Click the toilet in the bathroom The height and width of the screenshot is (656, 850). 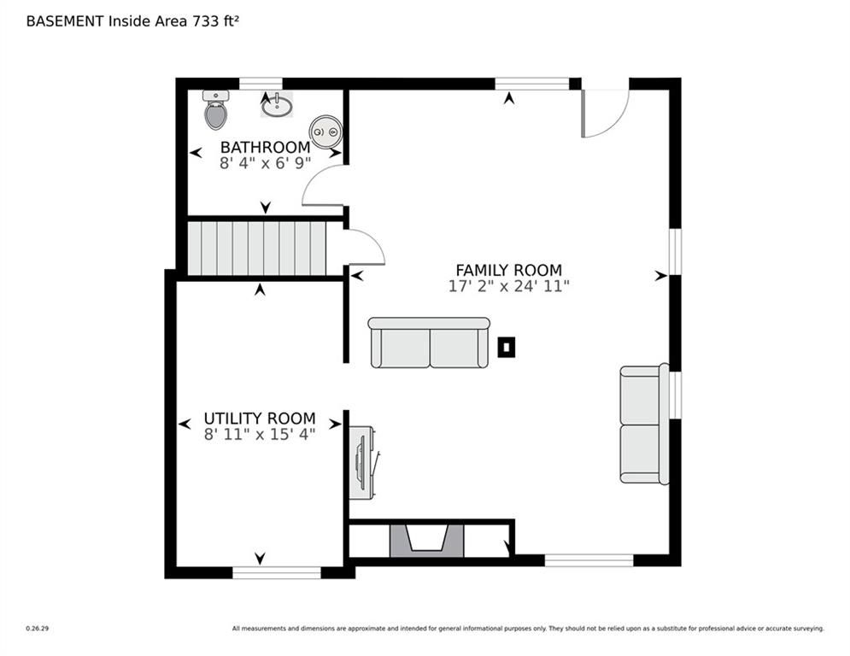point(215,110)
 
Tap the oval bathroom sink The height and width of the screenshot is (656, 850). point(276,106)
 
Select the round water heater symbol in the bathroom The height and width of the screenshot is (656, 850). point(325,132)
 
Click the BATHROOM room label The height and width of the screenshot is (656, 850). point(265,147)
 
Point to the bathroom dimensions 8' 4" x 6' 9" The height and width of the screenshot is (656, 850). point(265,163)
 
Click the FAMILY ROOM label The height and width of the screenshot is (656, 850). point(508,271)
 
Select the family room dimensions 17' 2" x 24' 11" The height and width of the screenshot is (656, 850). point(508,287)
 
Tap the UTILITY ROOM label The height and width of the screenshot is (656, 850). point(260,419)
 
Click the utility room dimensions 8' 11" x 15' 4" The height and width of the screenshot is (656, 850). point(260,434)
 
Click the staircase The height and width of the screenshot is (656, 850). point(256,248)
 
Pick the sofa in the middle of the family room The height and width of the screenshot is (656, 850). point(429,343)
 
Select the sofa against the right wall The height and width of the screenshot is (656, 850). point(642,424)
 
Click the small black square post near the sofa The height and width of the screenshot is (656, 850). point(507,347)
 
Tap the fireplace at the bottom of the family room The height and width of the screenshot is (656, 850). point(427,541)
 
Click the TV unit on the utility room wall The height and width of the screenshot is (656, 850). point(362,462)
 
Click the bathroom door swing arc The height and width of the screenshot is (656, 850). point(319,185)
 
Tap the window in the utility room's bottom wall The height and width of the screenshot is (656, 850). point(276,573)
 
